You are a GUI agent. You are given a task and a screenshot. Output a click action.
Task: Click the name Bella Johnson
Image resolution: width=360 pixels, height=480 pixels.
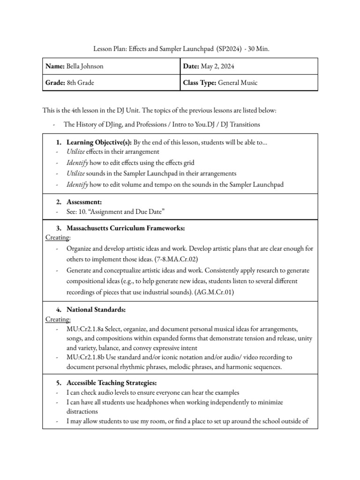click(85, 67)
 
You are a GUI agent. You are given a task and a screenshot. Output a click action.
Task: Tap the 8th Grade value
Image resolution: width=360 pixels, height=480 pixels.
click(80, 82)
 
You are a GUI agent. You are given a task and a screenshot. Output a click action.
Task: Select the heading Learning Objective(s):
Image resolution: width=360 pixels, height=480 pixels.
click(100, 142)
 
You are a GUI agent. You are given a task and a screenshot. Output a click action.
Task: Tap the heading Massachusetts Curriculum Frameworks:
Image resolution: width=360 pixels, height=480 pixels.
click(126, 228)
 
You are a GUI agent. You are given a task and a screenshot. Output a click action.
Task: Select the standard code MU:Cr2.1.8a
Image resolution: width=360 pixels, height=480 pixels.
click(86, 329)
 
